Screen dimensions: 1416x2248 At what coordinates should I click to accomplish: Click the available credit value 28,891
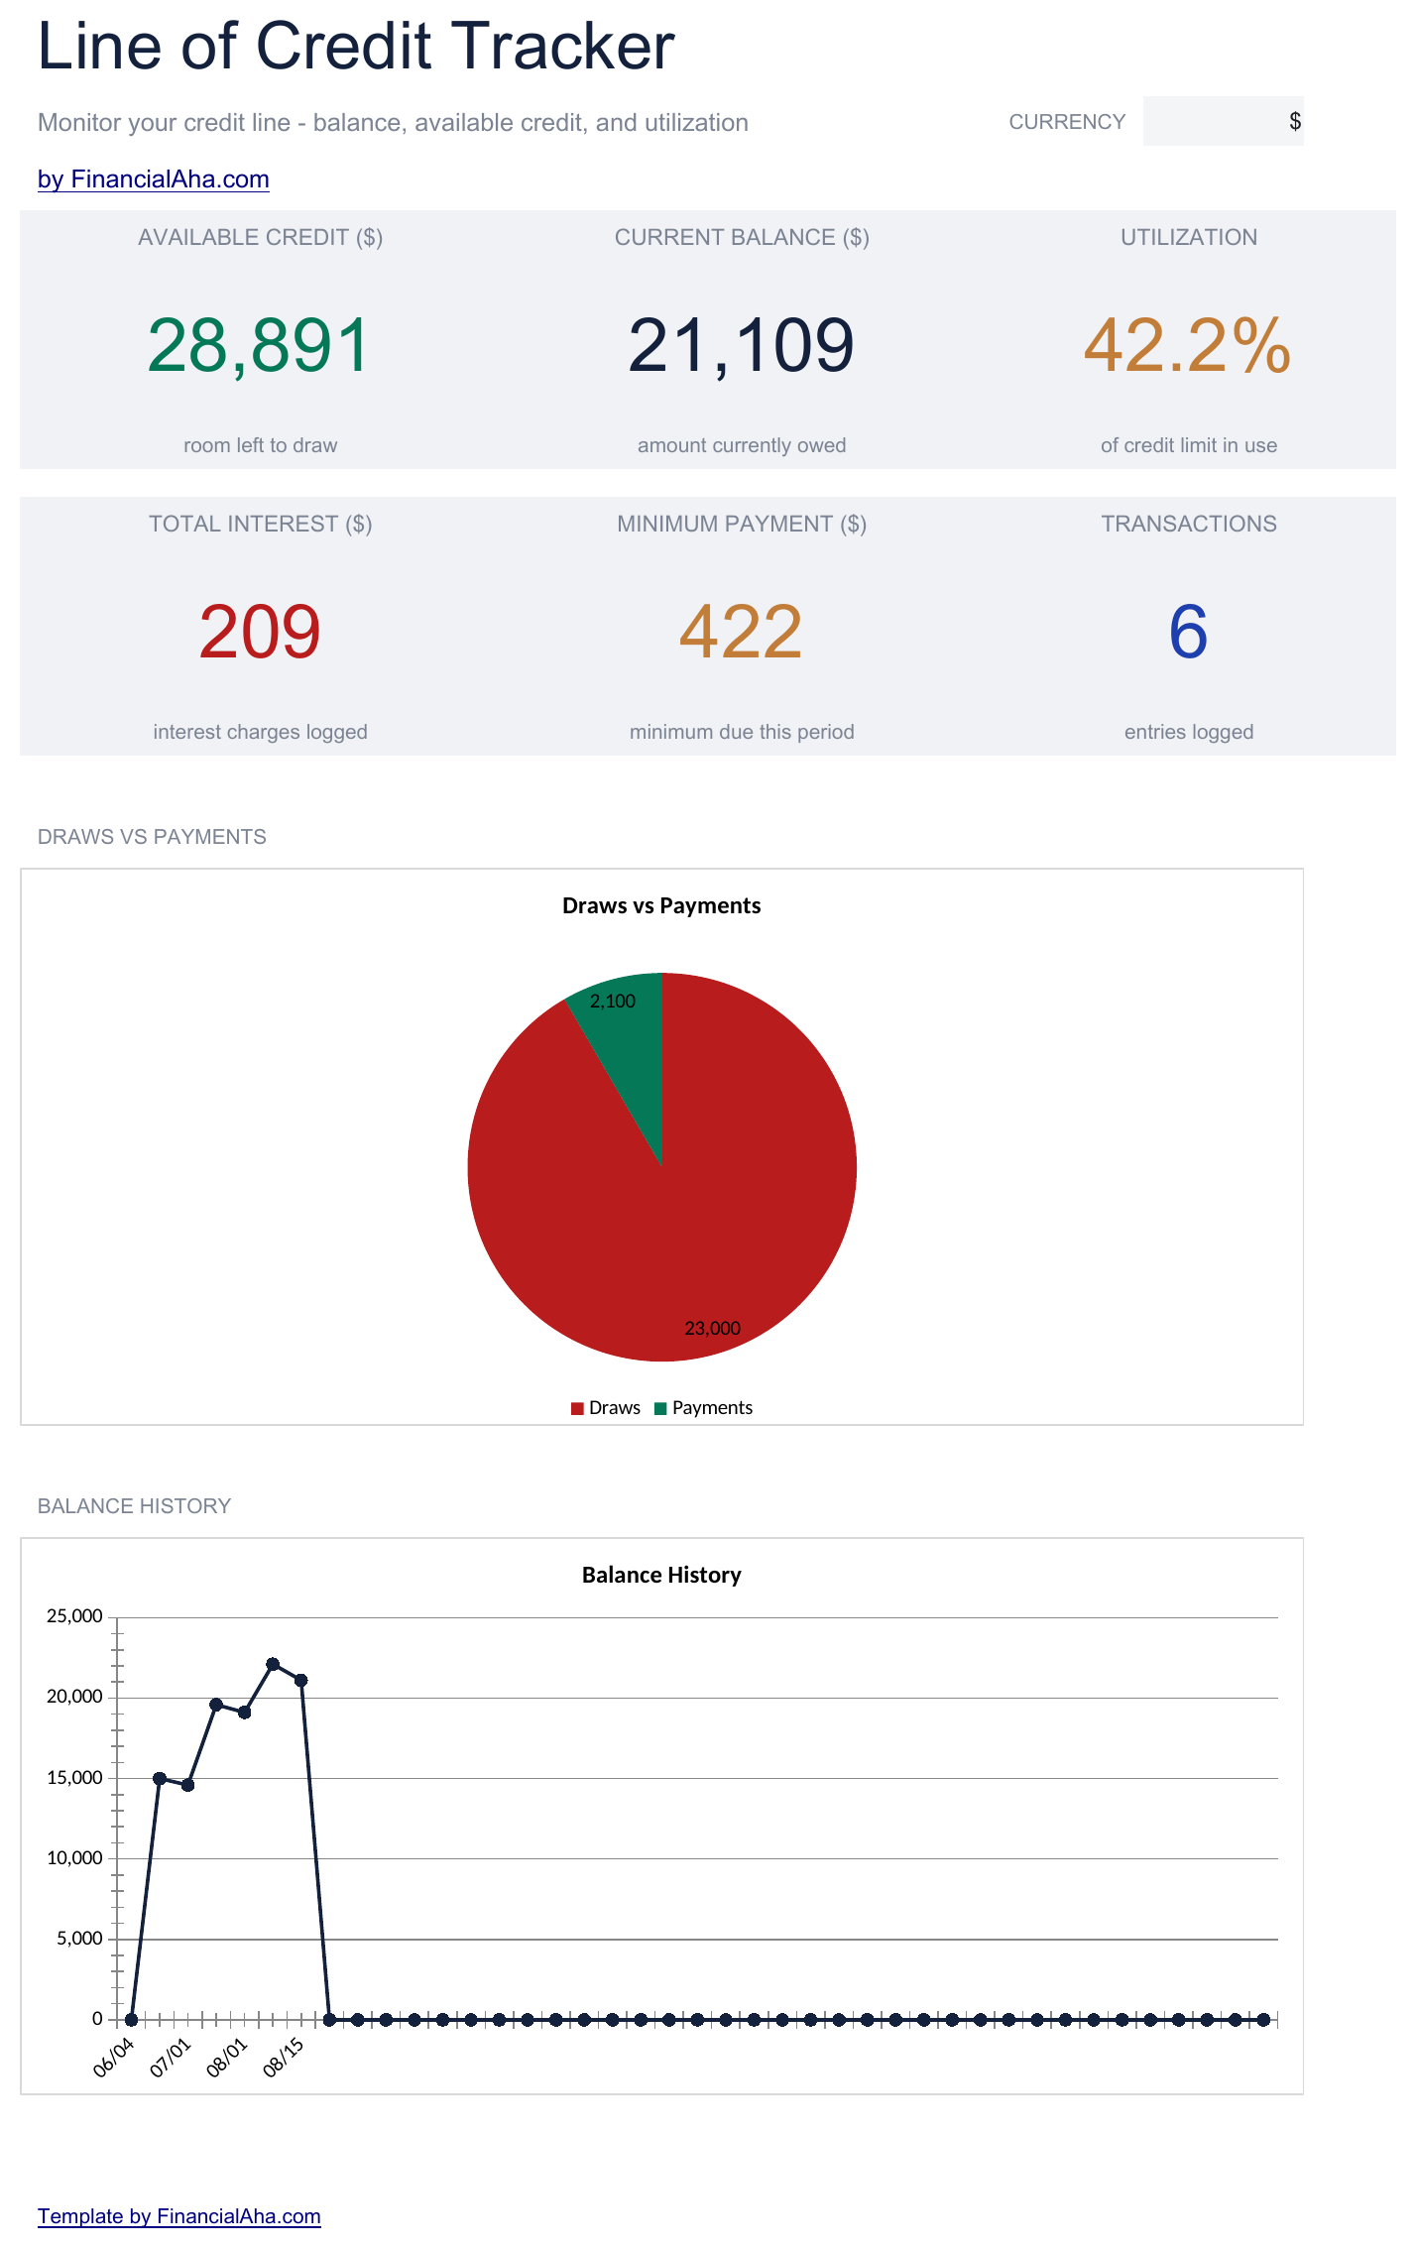pyautogui.click(x=259, y=346)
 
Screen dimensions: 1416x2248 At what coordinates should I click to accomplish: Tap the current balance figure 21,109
pyautogui.click(x=741, y=346)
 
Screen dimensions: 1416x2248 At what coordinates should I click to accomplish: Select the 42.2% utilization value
pyautogui.click(x=1188, y=346)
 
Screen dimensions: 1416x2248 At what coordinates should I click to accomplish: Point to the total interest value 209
pyautogui.click(x=260, y=633)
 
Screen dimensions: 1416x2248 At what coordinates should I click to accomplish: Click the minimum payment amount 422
pyautogui.click(x=741, y=633)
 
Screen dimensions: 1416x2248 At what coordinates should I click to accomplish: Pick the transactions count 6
pyautogui.click(x=1188, y=633)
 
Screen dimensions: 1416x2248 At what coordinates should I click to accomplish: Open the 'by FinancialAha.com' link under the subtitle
pyautogui.click(x=154, y=179)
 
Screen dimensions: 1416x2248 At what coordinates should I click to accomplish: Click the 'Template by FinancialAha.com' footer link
pyautogui.click(x=179, y=2216)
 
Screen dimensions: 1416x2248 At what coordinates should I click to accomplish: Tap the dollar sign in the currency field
pyautogui.click(x=1295, y=121)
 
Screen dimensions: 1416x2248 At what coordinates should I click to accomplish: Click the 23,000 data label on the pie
pyautogui.click(x=712, y=1328)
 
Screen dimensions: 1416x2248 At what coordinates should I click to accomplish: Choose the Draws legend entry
pyautogui.click(x=606, y=1408)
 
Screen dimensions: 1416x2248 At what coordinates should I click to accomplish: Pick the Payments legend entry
pyautogui.click(x=704, y=1408)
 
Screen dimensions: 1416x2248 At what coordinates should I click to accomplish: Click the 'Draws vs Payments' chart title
pyautogui.click(x=661, y=905)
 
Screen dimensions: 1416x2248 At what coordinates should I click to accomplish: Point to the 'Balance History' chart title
pyautogui.click(x=661, y=1575)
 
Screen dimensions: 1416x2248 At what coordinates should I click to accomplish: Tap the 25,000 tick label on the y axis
pyautogui.click(x=74, y=1616)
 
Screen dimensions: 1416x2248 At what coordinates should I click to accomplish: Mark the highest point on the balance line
pyautogui.click(x=273, y=1664)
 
